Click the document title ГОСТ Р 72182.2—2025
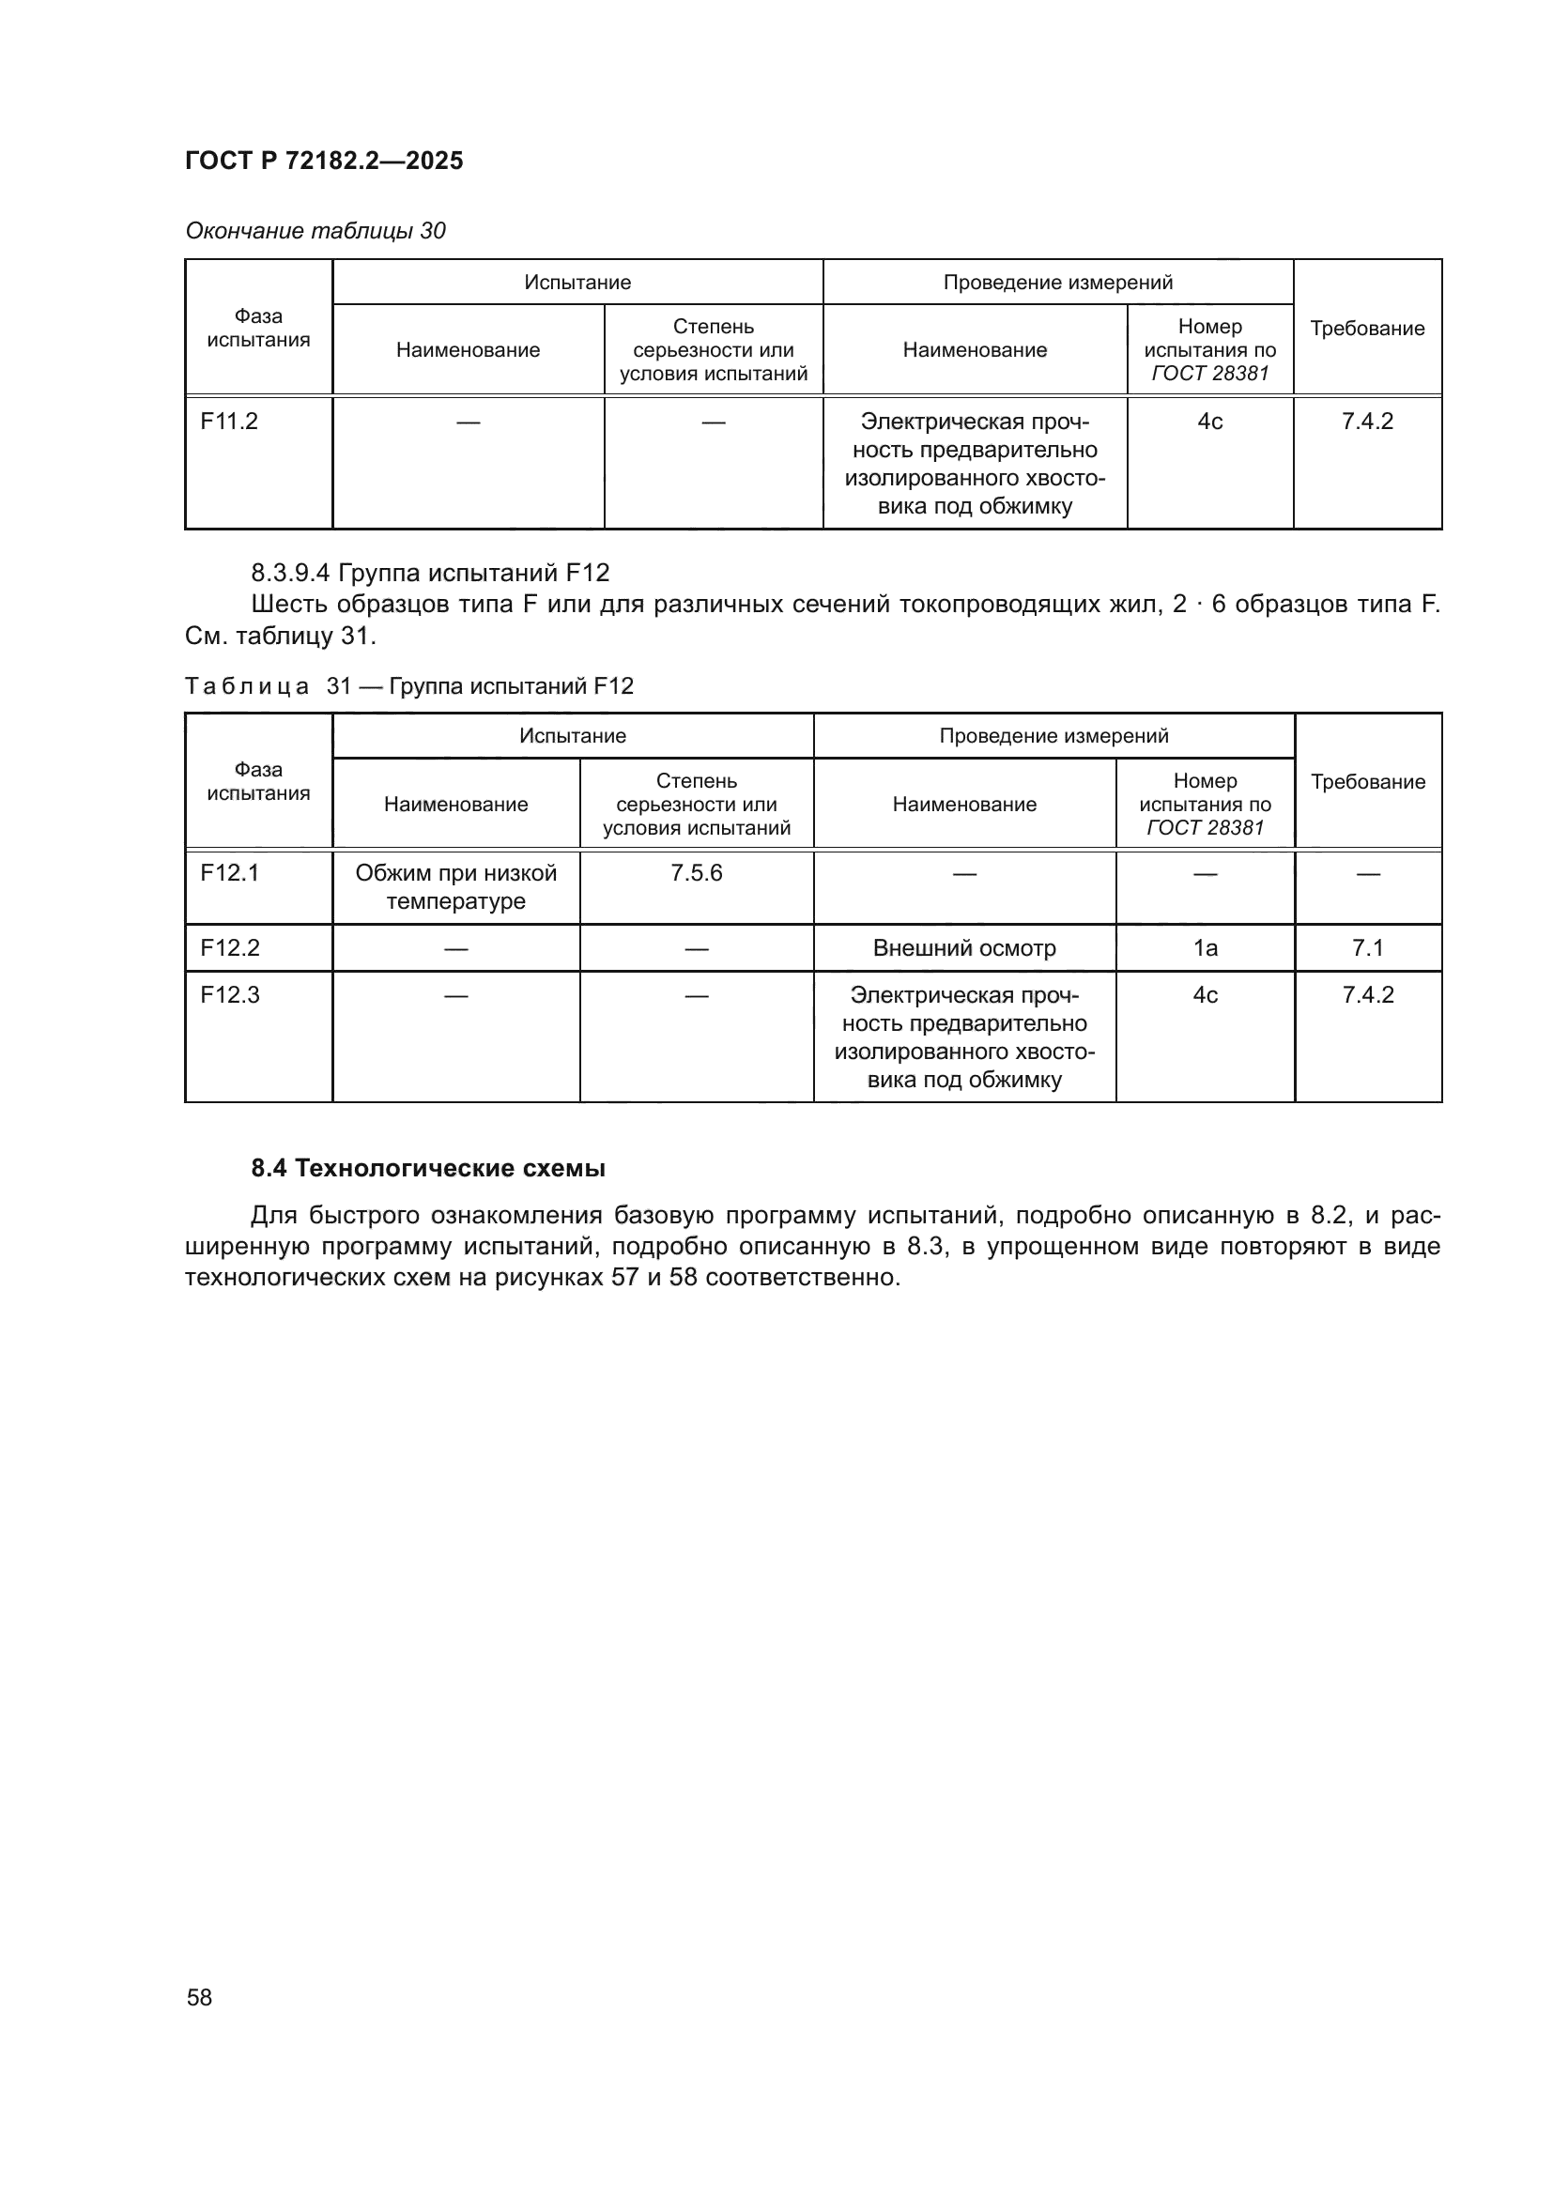[323, 161]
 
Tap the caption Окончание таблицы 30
[315, 231]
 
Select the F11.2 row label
[228, 422]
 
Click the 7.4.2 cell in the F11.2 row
[1366, 422]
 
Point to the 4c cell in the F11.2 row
[1209, 422]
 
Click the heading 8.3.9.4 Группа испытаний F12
[429, 573]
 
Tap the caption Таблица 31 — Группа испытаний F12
[408, 685]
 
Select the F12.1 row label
[228, 873]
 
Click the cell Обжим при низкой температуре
[455, 886]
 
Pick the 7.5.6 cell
[696, 873]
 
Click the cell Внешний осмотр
[964, 948]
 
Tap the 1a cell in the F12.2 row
[1205, 948]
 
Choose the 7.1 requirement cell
[1367, 948]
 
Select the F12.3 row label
[229, 994]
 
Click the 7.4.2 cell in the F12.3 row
[1367, 994]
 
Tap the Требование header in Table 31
[1367, 781]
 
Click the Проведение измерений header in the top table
[1057, 283]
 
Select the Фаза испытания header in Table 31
[258, 781]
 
